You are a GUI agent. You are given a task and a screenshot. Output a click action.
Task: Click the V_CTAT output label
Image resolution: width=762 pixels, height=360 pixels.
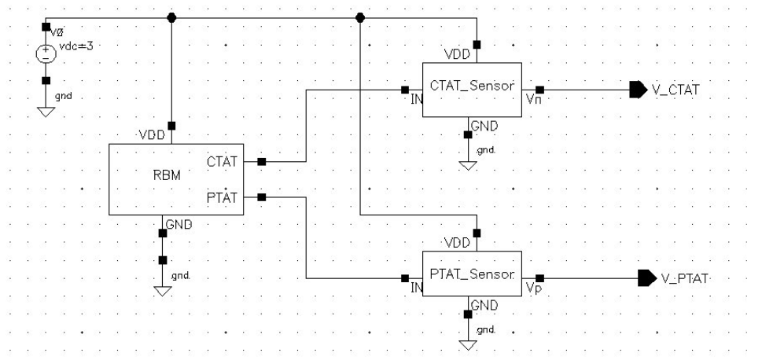tap(675, 90)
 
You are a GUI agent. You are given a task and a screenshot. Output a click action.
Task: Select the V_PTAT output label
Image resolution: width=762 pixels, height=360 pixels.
tap(684, 278)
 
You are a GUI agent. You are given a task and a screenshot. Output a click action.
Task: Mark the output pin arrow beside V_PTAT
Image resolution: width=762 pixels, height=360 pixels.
tap(646, 277)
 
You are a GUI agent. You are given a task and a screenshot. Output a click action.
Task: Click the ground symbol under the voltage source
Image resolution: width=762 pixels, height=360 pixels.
tap(46, 112)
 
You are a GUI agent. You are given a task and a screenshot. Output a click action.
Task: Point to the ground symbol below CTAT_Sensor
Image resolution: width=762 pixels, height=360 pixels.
tap(468, 165)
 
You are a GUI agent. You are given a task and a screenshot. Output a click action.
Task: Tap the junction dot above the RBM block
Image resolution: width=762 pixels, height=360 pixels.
tap(172, 17)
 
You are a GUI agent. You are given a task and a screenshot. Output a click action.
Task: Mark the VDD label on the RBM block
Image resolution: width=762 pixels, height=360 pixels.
tap(151, 134)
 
